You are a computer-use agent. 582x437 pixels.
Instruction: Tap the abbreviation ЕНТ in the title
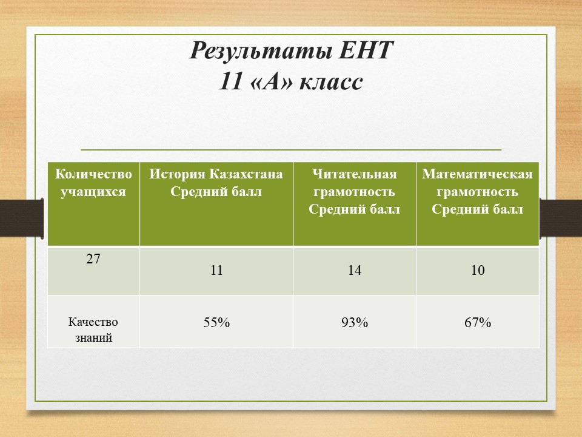[x=366, y=50]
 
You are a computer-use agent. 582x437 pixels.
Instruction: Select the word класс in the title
[x=331, y=82]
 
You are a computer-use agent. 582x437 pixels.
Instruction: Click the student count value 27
[x=93, y=259]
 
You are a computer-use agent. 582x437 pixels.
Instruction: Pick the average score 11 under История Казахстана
[x=216, y=270]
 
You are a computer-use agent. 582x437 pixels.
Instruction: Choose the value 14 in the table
[x=355, y=270]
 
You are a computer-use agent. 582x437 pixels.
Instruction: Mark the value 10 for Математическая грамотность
[x=478, y=270]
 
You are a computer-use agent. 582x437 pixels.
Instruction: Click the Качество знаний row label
[x=93, y=330]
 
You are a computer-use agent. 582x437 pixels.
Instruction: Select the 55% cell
[x=216, y=322]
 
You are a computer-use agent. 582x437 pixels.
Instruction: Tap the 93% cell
[x=355, y=322]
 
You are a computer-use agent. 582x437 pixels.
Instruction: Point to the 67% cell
[x=478, y=322]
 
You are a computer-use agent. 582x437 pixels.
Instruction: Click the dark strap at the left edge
[x=22, y=218]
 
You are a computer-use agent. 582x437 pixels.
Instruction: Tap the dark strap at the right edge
[x=560, y=218]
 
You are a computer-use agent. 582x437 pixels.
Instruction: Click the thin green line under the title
[x=291, y=150]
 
